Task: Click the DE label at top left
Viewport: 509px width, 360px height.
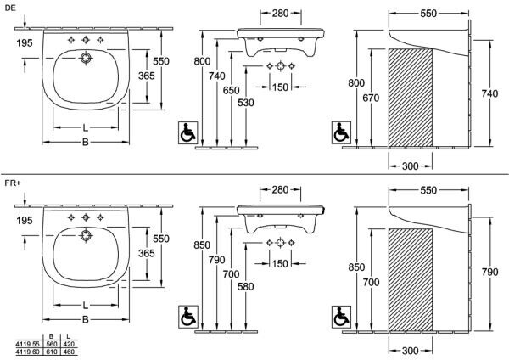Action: click(x=10, y=8)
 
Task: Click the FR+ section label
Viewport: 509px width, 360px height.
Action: click(x=13, y=183)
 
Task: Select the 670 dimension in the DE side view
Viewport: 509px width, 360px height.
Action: click(x=371, y=98)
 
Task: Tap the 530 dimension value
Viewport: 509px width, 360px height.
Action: click(x=246, y=103)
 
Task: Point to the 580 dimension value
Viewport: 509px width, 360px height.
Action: click(x=246, y=287)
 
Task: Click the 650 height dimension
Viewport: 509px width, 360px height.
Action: click(x=231, y=90)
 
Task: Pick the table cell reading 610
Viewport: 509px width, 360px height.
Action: click(x=52, y=352)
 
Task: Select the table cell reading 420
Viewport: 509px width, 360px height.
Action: click(x=69, y=344)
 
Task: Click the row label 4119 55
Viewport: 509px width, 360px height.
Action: click(x=27, y=344)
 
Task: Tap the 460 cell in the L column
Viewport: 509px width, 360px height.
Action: click(x=69, y=352)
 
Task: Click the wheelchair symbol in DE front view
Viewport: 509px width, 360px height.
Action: click(x=188, y=132)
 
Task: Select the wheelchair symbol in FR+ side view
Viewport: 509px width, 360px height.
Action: click(x=341, y=317)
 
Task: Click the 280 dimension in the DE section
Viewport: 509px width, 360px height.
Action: click(x=281, y=13)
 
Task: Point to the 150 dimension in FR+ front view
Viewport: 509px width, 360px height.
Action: click(x=280, y=263)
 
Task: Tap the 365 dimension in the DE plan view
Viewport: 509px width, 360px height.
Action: click(x=147, y=76)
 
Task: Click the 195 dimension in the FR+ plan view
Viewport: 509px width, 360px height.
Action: click(x=25, y=220)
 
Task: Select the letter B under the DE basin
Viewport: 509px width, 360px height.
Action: click(x=86, y=142)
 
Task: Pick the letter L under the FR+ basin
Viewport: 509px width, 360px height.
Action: click(x=85, y=305)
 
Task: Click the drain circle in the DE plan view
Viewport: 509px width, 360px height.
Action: click(x=86, y=58)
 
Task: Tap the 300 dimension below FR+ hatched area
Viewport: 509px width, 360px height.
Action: click(x=410, y=351)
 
